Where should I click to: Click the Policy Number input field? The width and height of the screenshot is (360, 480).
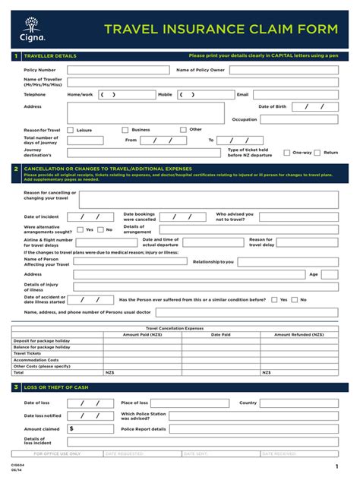coord(118,70)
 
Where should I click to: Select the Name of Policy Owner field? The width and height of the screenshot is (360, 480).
coord(284,70)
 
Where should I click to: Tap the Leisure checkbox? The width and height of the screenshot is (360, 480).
coord(71,130)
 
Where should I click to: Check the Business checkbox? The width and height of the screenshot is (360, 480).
coord(125,130)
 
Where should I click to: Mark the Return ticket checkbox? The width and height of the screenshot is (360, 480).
coord(318,153)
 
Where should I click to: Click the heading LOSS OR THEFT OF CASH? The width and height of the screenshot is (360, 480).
coord(56,387)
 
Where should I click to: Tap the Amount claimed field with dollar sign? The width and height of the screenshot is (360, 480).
coord(91,428)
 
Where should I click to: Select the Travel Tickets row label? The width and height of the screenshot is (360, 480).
coord(28,353)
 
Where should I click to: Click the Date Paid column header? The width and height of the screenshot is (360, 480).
coord(221,334)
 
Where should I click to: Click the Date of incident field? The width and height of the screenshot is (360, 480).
coord(94,217)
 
